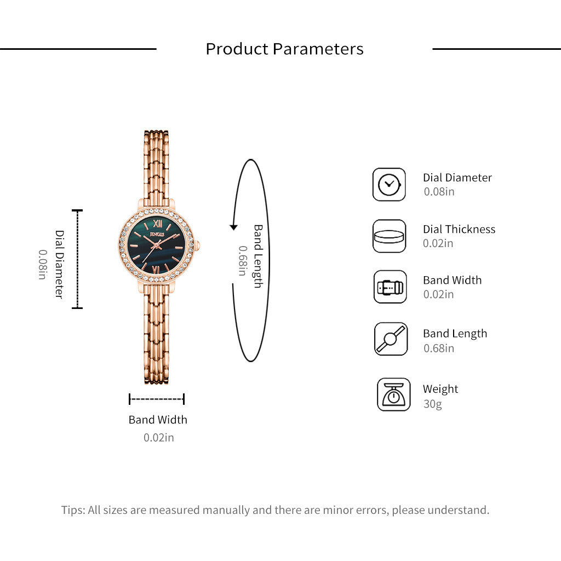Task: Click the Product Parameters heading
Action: pos(284,49)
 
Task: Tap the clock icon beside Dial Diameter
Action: pos(389,185)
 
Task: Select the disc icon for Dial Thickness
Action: pos(389,236)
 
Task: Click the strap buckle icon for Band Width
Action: pos(390,287)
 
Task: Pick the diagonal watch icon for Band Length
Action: pos(391,339)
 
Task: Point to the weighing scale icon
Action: pos(393,394)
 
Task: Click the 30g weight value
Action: pos(433,404)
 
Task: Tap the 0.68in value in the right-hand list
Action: pos(439,348)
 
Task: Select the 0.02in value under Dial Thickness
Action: pos(438,243)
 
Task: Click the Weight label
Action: pos(440,389)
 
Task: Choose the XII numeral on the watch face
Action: pos(158,224)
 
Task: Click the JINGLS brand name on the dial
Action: pos(157,234)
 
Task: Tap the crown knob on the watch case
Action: pos(197,245)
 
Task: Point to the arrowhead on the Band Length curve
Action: pos(233,227)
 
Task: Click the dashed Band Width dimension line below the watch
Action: pos(157,399)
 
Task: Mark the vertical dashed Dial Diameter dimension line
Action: pos(77,259)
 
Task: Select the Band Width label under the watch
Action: pos(158,420)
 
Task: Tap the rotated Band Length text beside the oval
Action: pos(258,256)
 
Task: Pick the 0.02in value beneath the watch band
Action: pos(158,438)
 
